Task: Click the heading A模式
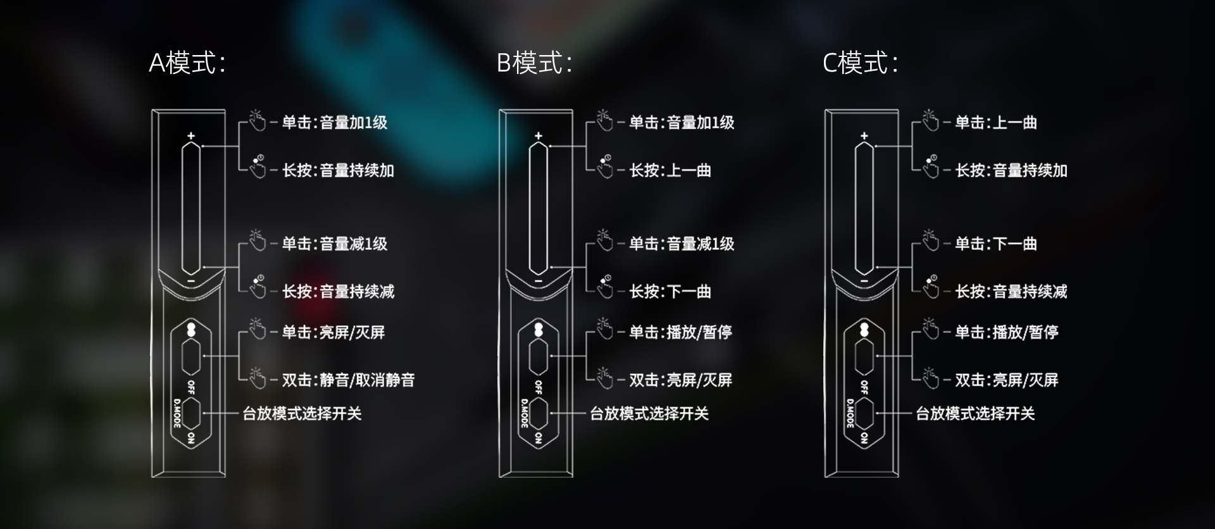tap(187, 63)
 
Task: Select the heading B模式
tap(534, 63)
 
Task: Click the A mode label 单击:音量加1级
tap(334, 122)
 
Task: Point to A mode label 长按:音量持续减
tap(338, 291)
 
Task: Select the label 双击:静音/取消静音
tap(348, 380)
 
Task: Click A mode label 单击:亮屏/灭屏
tap(333, 332)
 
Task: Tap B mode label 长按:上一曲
tap(670, 170)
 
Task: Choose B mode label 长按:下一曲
tap(670, 291)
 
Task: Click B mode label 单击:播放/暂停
tap(680, 332)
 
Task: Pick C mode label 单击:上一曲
tap(995, 122)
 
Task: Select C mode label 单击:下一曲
tap(995, 244)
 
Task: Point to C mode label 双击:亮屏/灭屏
tap(1006, 380)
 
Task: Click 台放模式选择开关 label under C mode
tap(975, 414)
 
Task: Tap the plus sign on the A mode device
tap(191, 136)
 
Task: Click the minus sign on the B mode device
tap(539, 280)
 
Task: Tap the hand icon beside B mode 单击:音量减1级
tap(605, 240)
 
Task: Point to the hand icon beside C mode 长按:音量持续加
tap(930, 166)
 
